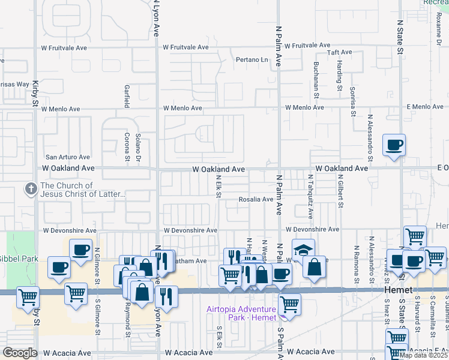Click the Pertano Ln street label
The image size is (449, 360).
[x=252, y=60]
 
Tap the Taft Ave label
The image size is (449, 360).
[x=339, y=53]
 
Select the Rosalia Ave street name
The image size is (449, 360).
[x=256, y=199]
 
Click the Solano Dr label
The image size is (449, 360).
[x=138, y=147]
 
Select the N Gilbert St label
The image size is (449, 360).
[x=340, y=191]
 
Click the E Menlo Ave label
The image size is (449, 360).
[x=424, y=107]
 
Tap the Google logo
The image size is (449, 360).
[x=19, y=352]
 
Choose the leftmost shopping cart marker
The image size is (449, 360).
[x=27, y=296]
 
